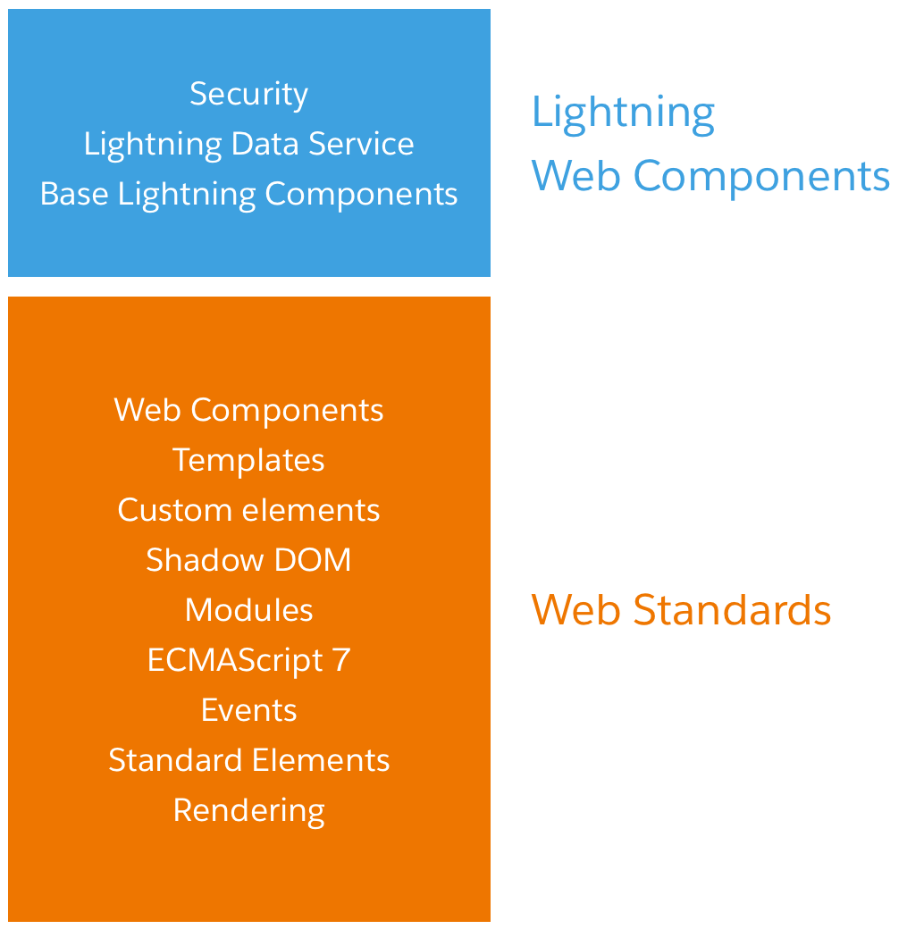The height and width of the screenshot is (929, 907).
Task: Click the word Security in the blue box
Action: point(249,95)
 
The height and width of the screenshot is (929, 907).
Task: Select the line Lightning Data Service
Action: point(249,145)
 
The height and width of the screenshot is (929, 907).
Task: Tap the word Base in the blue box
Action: point(74,194)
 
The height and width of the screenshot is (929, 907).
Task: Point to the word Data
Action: point(265,144)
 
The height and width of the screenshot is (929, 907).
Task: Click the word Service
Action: point(361,144)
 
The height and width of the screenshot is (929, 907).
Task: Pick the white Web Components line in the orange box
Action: point(249,410)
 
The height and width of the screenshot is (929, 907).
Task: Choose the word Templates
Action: point(249,460)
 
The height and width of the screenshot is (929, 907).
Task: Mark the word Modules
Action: point(249,610)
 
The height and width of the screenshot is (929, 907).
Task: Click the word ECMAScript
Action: point(235,661)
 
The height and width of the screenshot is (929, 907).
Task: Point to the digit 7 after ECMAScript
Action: point(341,660)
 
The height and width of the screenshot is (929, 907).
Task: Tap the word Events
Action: point(249,710)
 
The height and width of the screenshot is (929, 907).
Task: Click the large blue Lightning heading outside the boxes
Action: point(623,113)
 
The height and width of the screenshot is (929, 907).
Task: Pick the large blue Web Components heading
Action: point(710,177)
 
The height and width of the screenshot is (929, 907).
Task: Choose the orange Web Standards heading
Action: point(681,610)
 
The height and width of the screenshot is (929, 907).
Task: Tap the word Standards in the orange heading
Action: point(732,610)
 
